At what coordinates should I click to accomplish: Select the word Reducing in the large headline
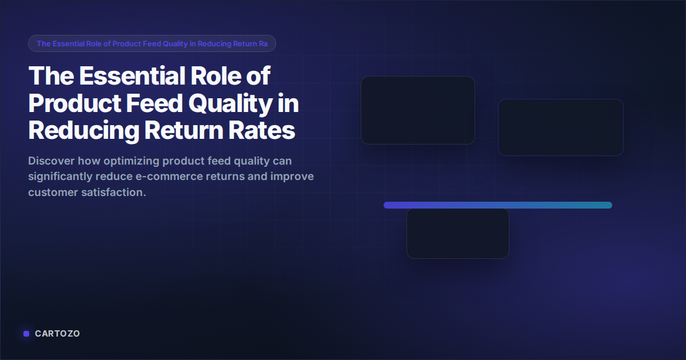[83, 131]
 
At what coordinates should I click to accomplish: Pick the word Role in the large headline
[221, 75]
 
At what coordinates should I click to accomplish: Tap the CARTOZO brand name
[57, 334]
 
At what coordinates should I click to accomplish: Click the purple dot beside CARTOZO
[26, 334]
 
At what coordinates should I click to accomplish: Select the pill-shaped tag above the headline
[152, 43]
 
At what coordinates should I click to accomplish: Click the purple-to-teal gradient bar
[497, 205]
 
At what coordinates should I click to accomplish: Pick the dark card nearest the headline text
[417, 110]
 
